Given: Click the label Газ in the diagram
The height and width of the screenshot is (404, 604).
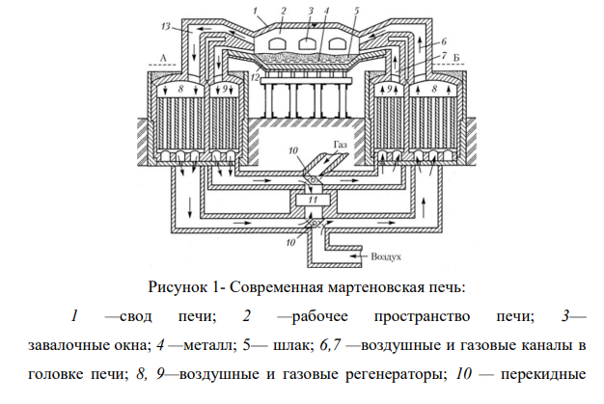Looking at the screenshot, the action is coord(341,145).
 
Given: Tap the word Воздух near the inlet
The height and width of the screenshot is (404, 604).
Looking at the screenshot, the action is coord(386,256).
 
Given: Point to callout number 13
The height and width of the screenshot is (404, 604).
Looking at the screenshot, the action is coord(166,27).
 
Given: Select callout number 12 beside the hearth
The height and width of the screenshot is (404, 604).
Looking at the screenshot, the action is coord(255,77).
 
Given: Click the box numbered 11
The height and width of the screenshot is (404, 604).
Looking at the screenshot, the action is coord(313,201).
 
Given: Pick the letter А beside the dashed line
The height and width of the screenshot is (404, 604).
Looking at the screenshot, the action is coord(163,58).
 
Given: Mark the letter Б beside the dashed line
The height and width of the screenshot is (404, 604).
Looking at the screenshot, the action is coord(456,58).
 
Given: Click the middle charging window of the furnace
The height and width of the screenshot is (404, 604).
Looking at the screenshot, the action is coord(307,42).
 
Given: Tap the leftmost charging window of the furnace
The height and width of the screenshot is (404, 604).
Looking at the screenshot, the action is coord(277,43).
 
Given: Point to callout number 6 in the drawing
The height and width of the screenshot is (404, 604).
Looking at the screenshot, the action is coord(444,41).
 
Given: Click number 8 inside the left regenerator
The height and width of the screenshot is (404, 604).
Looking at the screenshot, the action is coord(180,89).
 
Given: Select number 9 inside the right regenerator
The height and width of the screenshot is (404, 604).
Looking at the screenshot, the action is coord(389,90).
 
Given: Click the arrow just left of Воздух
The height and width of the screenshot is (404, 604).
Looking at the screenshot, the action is coord(358,256).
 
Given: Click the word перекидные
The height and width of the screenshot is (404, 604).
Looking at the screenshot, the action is coord(543,374).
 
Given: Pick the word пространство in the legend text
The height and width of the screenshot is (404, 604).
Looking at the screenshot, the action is coord(423,316).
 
